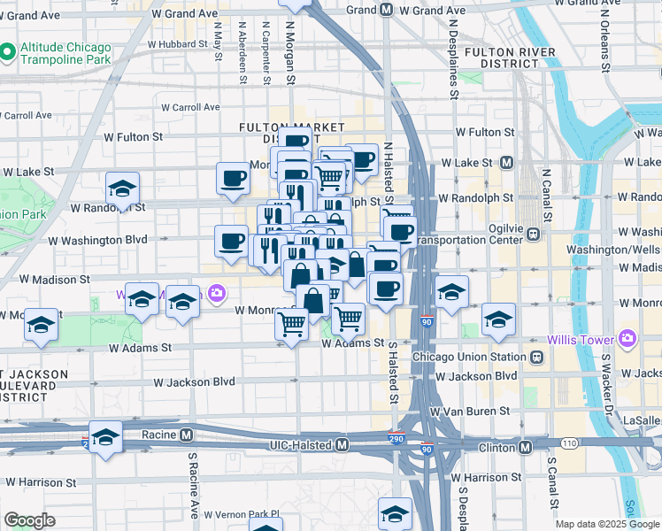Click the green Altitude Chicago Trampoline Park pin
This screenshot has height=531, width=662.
pyautogui.click(x=8, y=52)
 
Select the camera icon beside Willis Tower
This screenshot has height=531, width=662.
pyautogui.click(x=627, y=337)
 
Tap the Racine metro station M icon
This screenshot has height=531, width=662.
pyautogui.click(x=187, y=435)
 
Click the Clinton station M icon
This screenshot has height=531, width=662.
pyautogui.click(x=526, y=447)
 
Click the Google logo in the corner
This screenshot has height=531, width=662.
pyautogui.click(x=29, y=520)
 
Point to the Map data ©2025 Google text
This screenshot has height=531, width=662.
pyautogui.click(x=606, y=524)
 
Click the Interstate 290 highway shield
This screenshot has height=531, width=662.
pyautogui.click(x=397, y=438)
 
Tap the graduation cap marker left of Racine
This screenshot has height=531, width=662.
pyautogui.click(x=105, y=438)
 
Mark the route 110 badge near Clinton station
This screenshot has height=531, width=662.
pyautogui.click(x=567, y=442)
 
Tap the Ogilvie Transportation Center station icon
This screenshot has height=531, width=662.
pyautogui.click(x=534, y=235)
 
